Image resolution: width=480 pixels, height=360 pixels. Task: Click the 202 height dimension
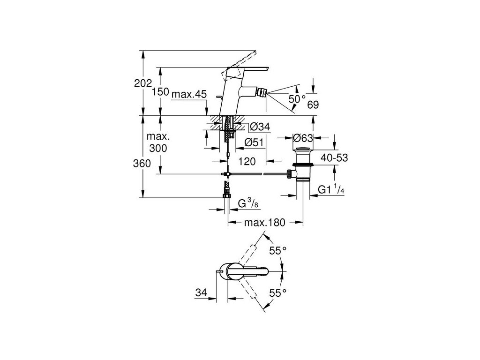coord(143,83)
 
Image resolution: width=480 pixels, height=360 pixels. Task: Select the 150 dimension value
coord(160,91)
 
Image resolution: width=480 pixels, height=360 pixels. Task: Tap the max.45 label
coord(189,94)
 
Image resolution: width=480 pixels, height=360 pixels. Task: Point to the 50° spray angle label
coord(297,98)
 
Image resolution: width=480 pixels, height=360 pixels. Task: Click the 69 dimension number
coord(313,105)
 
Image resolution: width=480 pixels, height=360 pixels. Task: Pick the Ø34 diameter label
coord(260,126)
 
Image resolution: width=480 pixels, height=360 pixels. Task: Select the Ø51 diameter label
coord(254,142)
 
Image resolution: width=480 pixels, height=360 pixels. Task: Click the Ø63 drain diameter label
coord(303,138)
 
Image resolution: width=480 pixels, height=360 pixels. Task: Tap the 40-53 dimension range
coord(334,157)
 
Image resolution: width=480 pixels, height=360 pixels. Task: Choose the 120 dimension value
coord(247,161)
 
